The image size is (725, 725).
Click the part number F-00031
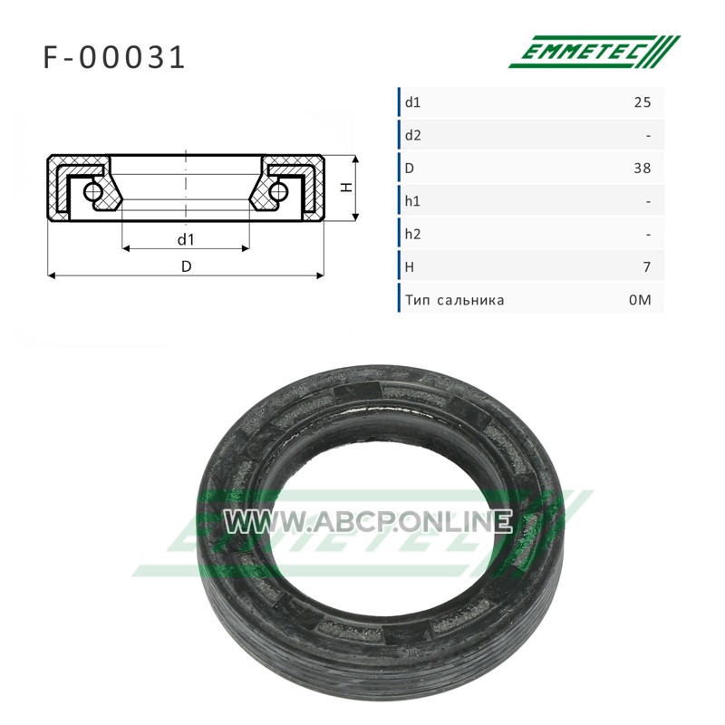click(x=114, y=58)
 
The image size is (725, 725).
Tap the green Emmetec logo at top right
click(x=594, y=52)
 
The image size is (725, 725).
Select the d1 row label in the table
click(x=412, y=102)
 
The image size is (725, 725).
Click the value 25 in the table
click(x=643, y=102)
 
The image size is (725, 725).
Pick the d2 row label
click(x=413, y=135)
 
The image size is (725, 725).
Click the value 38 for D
click(x=643, y=169)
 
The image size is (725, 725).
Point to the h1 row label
click(x=412, y=201)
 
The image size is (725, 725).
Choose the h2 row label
click(x=413, y=235)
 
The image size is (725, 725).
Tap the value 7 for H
click(x=647, y=267)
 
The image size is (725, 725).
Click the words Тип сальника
click(x=455, y=301)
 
